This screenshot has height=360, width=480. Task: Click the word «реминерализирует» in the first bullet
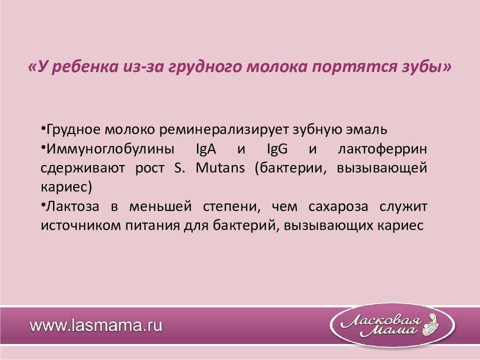coord(224,130)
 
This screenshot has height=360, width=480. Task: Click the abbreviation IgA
coord(205,149)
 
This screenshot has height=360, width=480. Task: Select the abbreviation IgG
coord(277,149)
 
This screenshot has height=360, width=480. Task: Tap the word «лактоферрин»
coord(382,149)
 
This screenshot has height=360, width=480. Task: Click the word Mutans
coord(220,168)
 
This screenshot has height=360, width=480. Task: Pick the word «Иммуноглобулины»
coord(110,149)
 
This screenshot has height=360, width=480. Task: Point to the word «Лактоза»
coord(72,206)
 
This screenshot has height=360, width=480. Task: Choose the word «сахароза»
coord(338,206)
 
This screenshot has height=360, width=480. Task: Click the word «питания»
coord(152,226)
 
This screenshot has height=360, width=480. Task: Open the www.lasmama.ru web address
coord(96,325)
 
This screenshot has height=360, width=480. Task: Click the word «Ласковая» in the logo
coord(381,321)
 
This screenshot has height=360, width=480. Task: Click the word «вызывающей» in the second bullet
coord(381,168)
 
